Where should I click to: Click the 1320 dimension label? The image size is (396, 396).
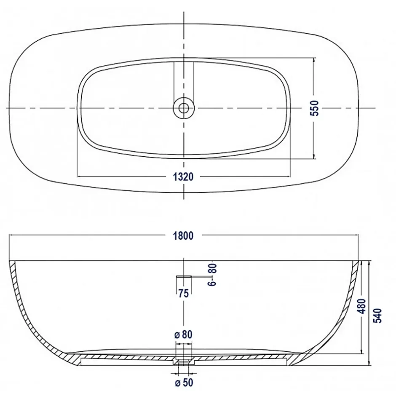click(x=183, y=177)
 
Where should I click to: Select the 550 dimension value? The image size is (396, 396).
click(x=314, y=108)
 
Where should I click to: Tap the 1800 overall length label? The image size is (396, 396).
click(x=183, y=235)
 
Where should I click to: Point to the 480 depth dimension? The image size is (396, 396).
click(x=362, y=306)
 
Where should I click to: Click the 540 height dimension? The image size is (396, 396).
click(x=377, y=316)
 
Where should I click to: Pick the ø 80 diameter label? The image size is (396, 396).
click(x=183, y=334)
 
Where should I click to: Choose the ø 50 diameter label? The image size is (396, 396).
click(x=184, y=383)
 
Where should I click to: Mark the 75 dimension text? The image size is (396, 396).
click(x=184, y=293)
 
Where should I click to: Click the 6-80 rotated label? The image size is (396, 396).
click(x=212, y=275)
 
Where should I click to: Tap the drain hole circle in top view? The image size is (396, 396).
click(x=184, y=108)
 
